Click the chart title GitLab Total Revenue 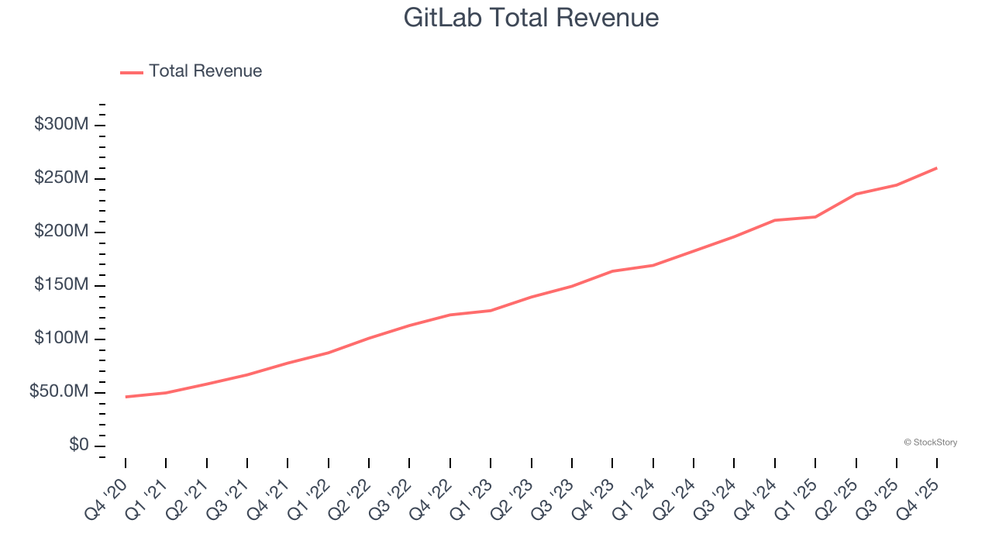point(531,18)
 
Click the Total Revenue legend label point(205,71)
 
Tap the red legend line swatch point(132,72)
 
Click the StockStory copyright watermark point(930,443)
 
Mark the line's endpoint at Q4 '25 point(937,167)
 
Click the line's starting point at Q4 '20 point(126,397)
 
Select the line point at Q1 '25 point(815,217)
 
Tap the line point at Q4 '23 point(612,271)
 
